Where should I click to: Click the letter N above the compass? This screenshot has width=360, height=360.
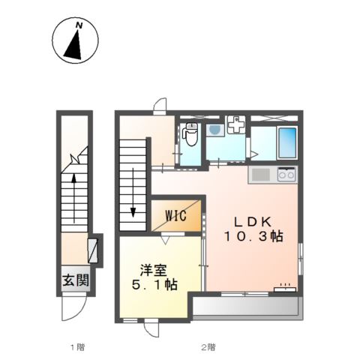pos(79,25)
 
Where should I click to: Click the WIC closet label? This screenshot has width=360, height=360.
pos(176,216)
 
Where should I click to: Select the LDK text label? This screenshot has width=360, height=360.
pos(253,222)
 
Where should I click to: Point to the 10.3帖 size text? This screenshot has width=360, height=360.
pos(253,236)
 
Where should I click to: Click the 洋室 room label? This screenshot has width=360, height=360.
pos(153,270)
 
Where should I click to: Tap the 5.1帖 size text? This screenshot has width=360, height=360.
pos(154,285)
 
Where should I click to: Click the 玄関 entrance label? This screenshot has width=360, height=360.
pos(76,280)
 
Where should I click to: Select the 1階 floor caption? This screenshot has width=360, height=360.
pos(77,347)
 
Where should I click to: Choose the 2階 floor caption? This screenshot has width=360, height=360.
pos(208,347)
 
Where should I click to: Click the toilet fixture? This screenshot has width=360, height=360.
pos(190,133)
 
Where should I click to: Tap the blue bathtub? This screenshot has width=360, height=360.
pos(287,142)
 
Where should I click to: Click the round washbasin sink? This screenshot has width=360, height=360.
pos(214,130)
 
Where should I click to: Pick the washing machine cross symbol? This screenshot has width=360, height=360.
pos(236,124)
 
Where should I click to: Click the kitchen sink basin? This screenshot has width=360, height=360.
pos(260,175)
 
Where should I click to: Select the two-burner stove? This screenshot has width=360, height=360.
pos(286,174)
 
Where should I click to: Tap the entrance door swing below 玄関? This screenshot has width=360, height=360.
pos(74,308)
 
